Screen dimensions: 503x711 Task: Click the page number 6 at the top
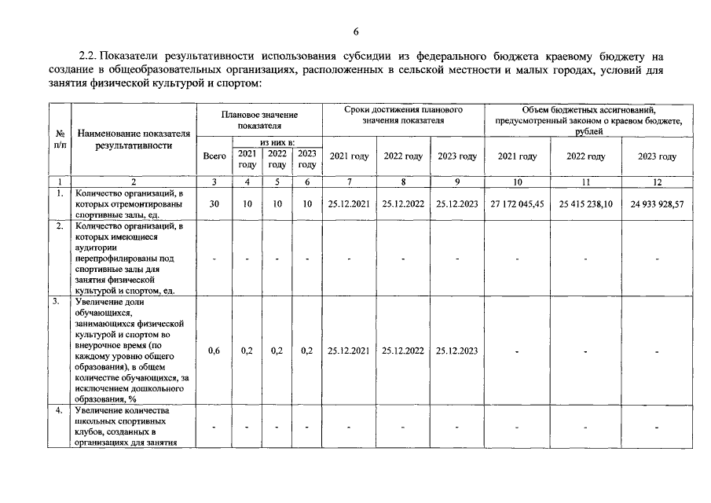(355, 31)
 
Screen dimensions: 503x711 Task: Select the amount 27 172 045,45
(518, 204)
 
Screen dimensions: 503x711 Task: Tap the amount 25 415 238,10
(586, 204)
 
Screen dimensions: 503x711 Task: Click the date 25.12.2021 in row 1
(350, 204)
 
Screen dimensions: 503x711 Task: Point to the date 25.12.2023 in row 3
(456, 351)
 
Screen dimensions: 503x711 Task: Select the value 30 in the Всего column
(214, 204)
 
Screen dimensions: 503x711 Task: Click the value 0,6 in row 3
(214, 351)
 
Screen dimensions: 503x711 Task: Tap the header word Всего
(214, 156)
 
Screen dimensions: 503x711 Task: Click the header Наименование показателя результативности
(134, 139)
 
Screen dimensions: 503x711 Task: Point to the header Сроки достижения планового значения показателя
(403, 115)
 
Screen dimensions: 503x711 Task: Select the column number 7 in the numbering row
(350, 182)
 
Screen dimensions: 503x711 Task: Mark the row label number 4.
(59, 411)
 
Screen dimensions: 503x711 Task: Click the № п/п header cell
(60, 139)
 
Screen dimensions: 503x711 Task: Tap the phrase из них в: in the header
(277, 141)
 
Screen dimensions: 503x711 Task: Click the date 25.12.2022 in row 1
(403, 204)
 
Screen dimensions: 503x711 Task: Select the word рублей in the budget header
(585, 132)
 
